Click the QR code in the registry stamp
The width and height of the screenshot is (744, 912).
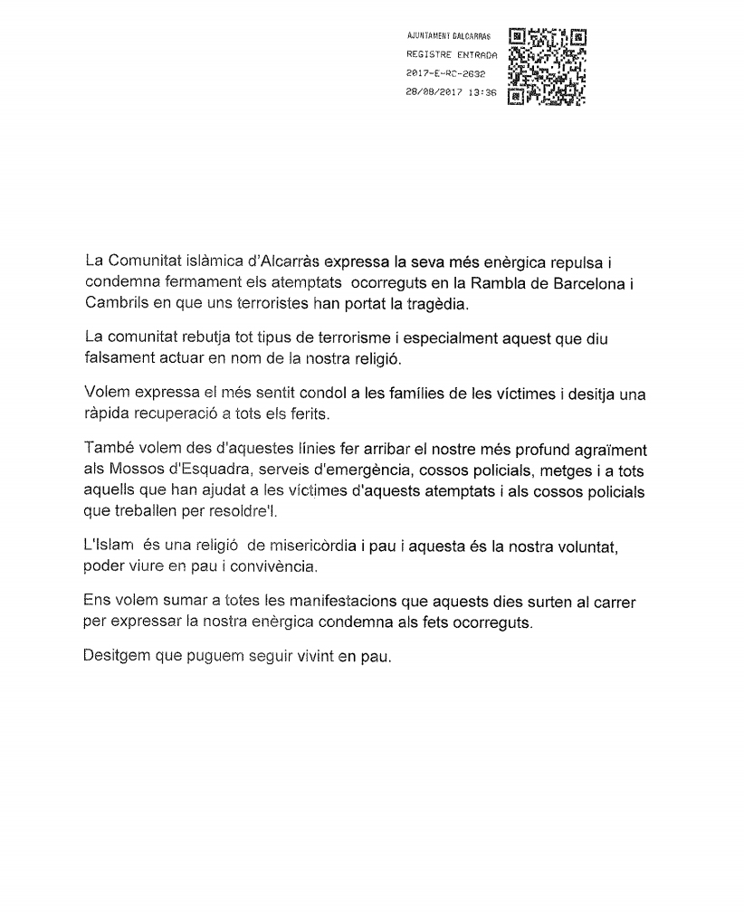coord(548,63)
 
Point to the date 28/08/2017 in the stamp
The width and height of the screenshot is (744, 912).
coord(434,91)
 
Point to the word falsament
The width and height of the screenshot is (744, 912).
coord(116,356)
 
